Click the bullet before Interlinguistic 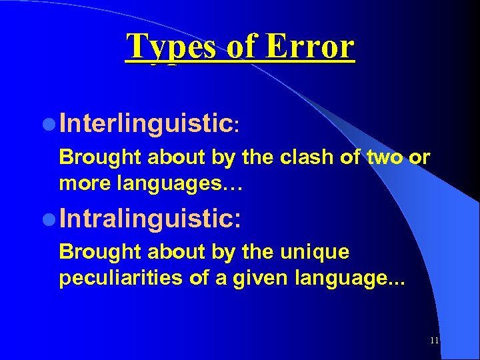tap(51, 124)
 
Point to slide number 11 tap(435, 340)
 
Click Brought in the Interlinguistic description tap(100, 158)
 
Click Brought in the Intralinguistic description tap(100, 253)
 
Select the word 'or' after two tap(419, 159)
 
